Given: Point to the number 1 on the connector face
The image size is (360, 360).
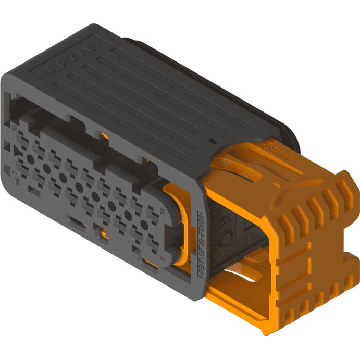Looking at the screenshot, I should (x=7, y=171).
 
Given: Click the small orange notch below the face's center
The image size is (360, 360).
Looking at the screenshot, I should (x=104, y=234).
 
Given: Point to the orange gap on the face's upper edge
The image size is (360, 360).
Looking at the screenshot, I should (x=105, y=138).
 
